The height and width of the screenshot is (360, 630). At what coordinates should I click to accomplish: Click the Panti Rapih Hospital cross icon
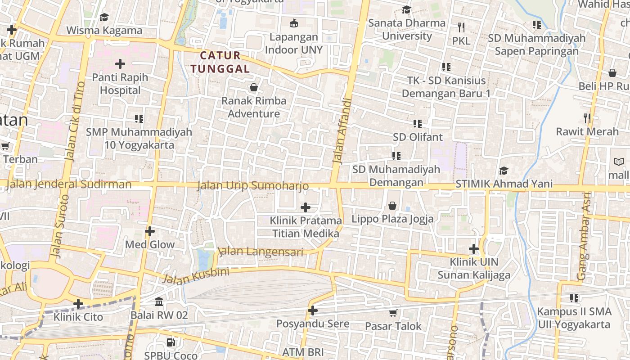pos(120,63)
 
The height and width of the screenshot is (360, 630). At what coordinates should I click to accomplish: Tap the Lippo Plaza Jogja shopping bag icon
pos(393,206)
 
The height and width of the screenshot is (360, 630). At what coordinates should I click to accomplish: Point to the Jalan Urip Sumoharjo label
pos(253,185)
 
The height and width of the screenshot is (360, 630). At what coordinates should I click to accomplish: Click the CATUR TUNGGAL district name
pos(220,62)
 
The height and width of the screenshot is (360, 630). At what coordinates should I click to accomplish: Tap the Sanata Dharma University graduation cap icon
pos(406,9)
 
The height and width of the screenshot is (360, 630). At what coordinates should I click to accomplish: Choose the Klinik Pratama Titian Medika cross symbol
pos(306,207)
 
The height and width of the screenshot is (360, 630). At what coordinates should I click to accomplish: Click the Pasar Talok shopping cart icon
pos(393,312)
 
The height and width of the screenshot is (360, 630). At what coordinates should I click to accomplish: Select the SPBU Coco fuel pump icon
pos(171,342)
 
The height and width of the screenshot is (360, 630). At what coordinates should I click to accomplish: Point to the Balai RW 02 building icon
pos(159,301)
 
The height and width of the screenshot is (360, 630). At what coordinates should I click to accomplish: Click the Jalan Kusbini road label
pos(196,275)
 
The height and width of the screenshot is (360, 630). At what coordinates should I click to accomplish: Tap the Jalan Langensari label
pos(260,251)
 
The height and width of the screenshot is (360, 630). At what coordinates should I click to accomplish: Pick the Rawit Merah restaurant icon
pos(587,118)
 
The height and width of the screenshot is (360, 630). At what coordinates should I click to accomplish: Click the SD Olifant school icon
pos(418,123)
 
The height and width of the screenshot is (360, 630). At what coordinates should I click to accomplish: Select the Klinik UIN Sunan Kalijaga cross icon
pos(474,248)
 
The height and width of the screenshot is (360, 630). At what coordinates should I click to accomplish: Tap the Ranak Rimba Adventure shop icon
pos(254,87)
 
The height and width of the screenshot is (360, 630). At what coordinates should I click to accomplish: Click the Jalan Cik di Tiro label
pos(75,121)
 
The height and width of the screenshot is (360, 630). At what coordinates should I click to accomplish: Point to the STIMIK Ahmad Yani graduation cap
pos(504,171)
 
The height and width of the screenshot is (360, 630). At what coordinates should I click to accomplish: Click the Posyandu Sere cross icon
pos(313,310)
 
